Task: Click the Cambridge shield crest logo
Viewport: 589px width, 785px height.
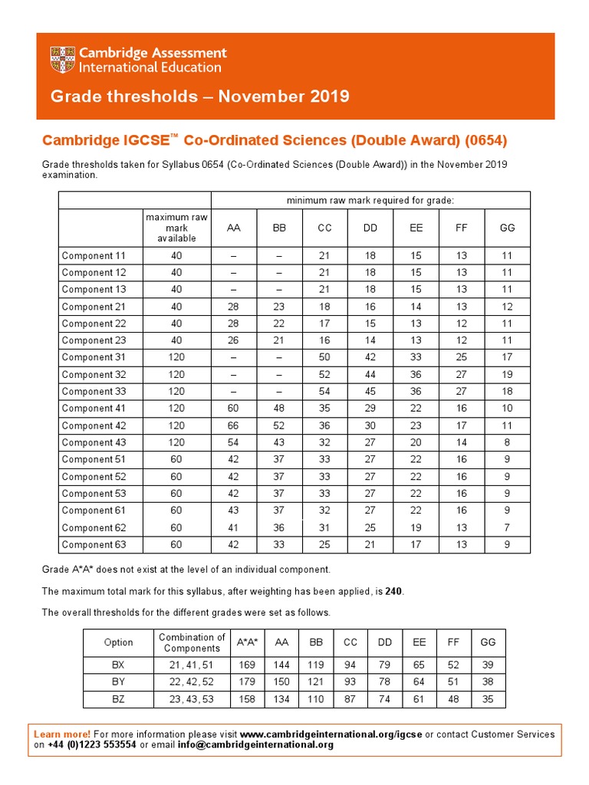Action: point(63,60)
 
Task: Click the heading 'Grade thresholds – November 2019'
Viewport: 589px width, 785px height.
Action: point(199,97)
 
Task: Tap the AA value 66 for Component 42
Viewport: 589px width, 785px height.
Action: point(233,425)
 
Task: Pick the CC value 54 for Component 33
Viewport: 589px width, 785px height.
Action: point(325,392)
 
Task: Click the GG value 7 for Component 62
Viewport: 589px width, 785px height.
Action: point(507,527)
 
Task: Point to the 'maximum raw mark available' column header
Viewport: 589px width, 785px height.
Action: point(176,228)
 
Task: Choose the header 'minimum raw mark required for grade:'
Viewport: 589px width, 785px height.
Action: point(370,200)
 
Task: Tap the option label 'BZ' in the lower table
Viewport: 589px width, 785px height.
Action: point(118,699)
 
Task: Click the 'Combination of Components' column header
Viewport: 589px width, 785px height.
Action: point(192,642)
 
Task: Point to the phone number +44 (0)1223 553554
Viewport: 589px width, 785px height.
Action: point(92,745)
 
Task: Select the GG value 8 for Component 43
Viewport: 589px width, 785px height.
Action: point(507,442)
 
